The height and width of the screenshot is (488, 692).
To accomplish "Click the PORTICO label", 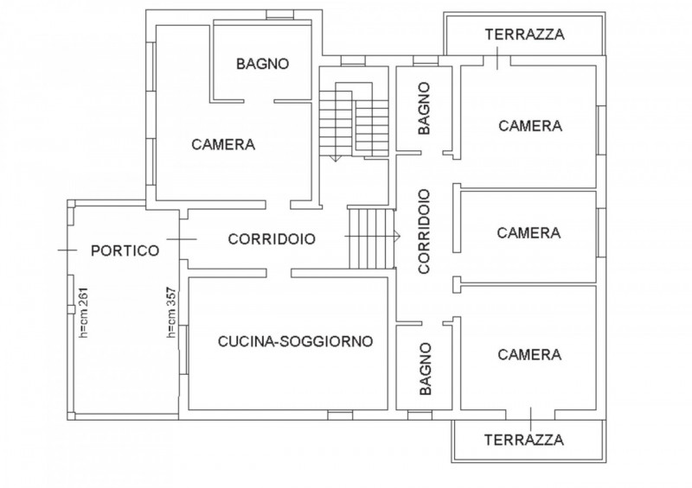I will [125, 250].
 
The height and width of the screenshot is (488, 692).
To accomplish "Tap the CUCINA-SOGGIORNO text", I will [295, 341].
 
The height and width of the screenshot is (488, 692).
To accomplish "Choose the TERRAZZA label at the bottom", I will [524, 439].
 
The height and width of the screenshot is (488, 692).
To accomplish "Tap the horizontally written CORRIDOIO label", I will [271, 239].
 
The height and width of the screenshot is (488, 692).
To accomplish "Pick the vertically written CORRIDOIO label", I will [424, 231].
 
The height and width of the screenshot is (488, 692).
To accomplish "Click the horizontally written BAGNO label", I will [262, 64].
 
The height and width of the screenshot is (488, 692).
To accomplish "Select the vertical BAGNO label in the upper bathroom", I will [424, 109].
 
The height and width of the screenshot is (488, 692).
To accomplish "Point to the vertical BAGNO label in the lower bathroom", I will [424, 369].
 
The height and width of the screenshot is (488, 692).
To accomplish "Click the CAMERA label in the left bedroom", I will [223, 144].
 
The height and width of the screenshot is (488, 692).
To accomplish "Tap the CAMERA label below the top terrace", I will [530, 125].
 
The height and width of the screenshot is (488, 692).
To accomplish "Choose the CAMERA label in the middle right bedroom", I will [529, 232].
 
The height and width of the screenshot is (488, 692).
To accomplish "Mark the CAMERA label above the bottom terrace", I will [529, 354].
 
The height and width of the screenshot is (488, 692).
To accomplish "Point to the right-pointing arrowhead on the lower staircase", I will [396, 236].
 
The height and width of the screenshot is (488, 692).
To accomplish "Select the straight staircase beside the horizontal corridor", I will [371, 237].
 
